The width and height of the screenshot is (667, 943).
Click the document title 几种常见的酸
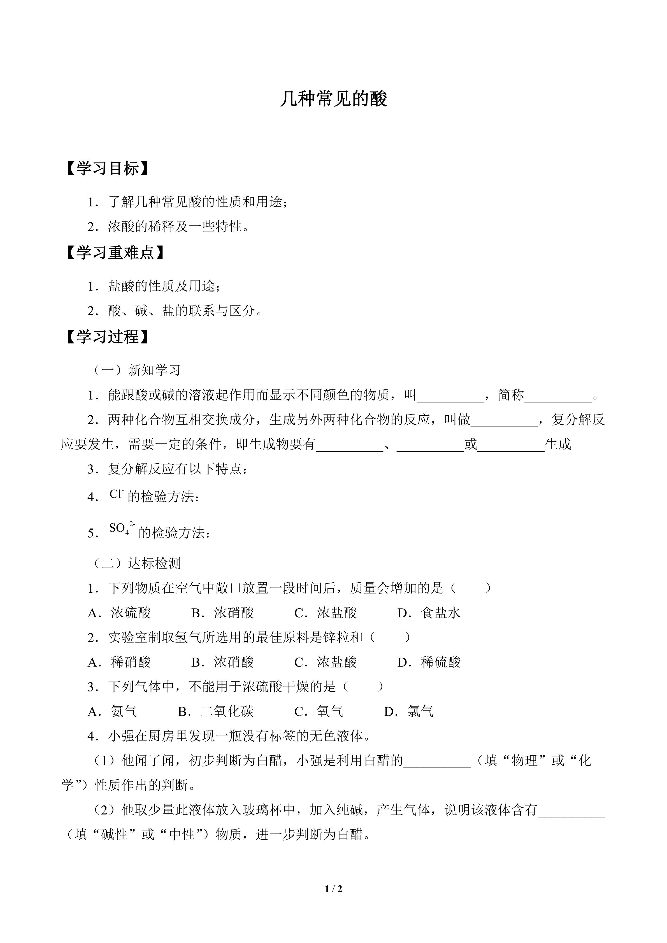pyautogui.click(x=333, y=99)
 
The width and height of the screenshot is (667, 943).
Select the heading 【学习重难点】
pyautogui.click(x=115, y=253)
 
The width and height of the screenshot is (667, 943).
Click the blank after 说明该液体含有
pyautogui.click(x=571, y=810)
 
